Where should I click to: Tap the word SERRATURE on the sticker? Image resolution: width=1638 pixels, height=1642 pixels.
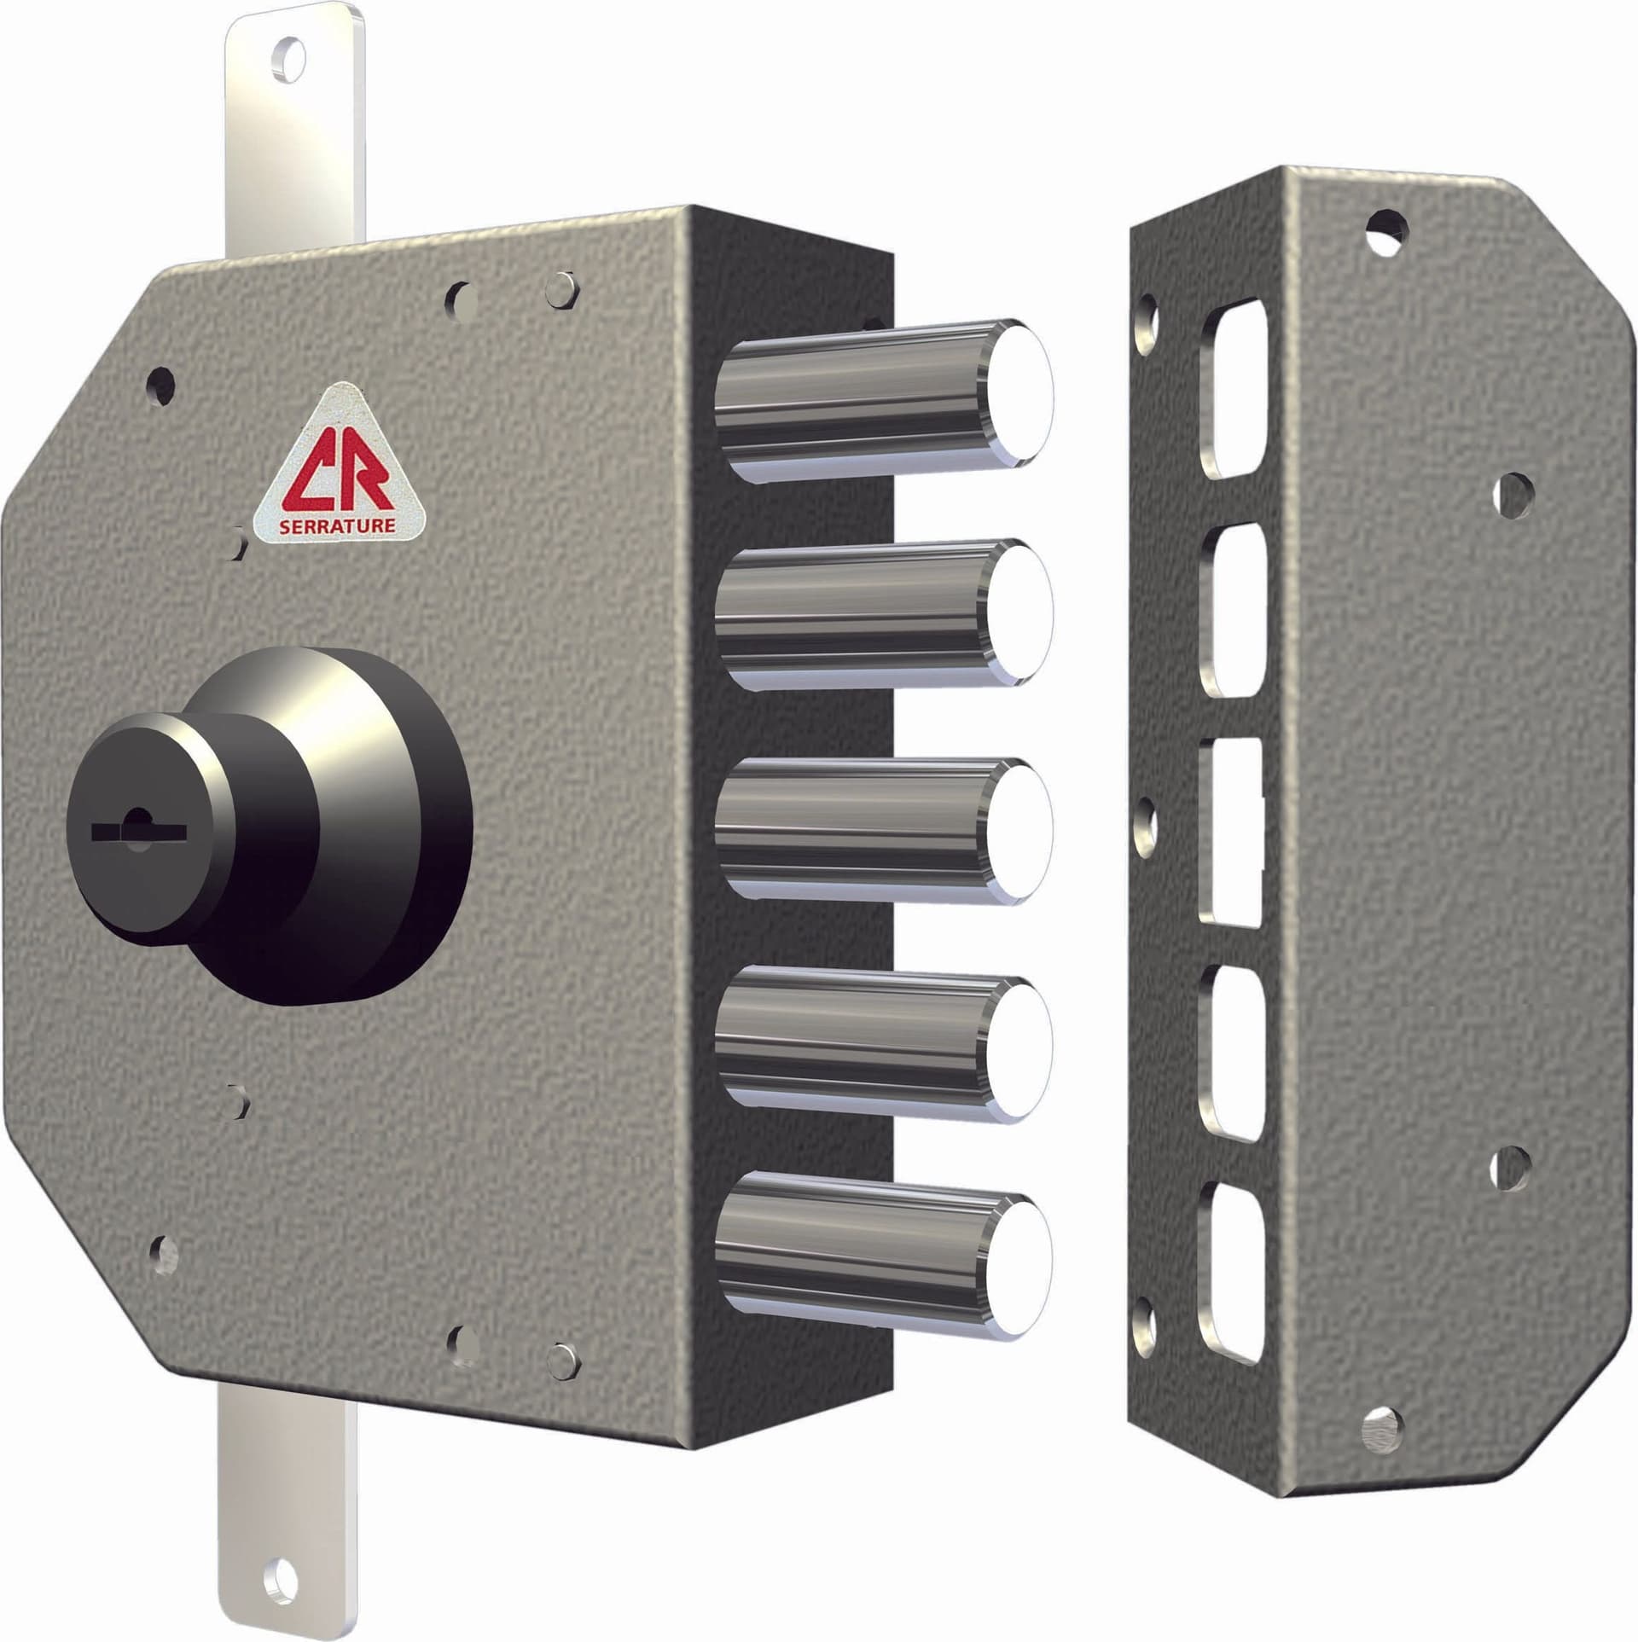pyautogui.click(x=338, y=525)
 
